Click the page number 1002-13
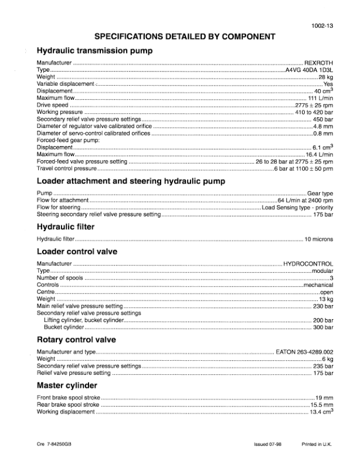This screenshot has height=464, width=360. (322, 25)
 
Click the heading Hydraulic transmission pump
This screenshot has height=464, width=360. (94, 51)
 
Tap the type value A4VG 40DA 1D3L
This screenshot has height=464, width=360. (309, 70)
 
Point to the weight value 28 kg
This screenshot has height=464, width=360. (325, 77)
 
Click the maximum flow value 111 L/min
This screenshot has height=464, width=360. (320, 98)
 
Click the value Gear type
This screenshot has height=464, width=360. (320, 193)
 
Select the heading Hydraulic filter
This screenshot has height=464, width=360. (65, 227)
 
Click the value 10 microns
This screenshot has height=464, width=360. (318, 239)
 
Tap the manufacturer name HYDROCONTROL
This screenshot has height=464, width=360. (308, 264)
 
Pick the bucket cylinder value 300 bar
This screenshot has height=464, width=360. (323, 327)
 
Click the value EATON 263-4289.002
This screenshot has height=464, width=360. (304, 352)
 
